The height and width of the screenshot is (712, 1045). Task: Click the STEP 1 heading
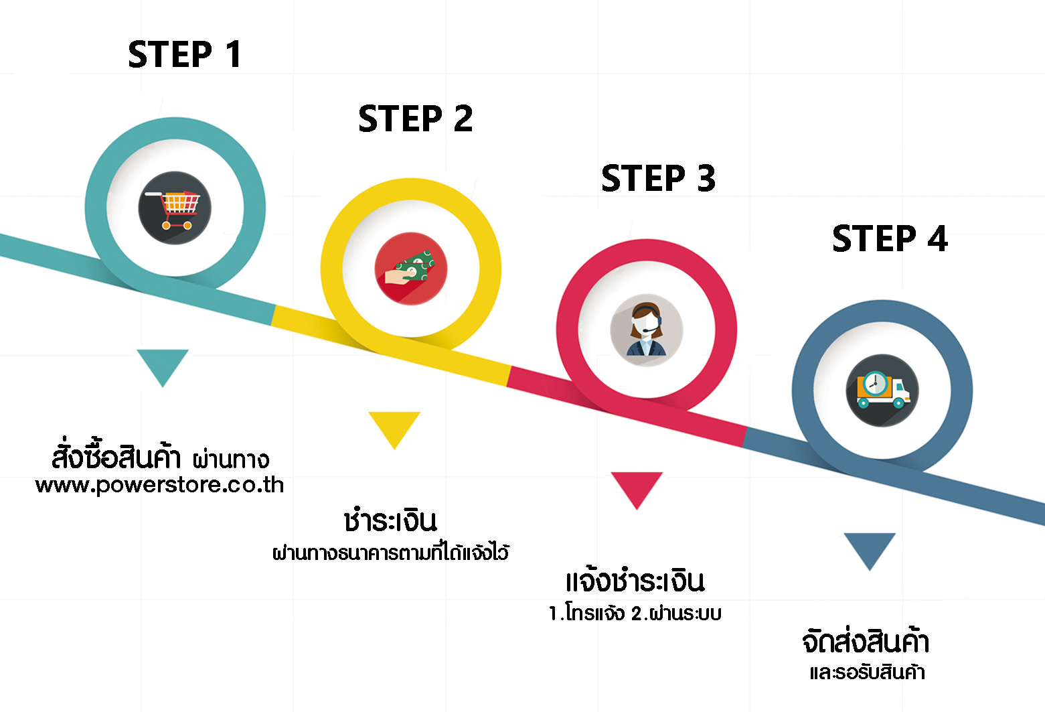pyautogui.click(x=185, y=54)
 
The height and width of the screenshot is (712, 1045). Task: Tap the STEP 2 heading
pyautogui.click(x=415, y=119)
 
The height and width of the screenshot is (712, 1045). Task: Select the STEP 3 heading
pyautogui.click(x=658, y=178)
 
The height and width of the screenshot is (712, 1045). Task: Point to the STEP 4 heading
pyautogui.click(x=890, y=238)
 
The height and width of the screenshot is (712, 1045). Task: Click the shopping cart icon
pyautogui.click(x=175, y=208)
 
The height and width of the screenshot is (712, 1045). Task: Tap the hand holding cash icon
pyautogui.click(x=411, y=269)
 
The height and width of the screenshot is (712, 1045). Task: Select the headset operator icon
pyautogui.click(x=647, y=330)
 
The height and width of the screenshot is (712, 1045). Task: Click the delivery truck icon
pyautogui.click(x=882, y=390)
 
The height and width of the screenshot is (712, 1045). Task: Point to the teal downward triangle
pyautogui.click(x=163, y=364)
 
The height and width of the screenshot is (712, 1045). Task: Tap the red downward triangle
pyautogui.click(x=637, y=488)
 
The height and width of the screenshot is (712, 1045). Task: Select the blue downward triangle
pyautogui.click(x=870, y=548)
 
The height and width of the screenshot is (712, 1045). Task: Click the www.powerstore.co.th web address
pyautogui.click(x=159, y=485)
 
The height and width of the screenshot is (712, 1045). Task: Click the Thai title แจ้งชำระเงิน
pyautogui.click(x=635, y=580)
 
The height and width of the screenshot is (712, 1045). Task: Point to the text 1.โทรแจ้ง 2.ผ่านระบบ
pyautogui.click(x=635, y=613)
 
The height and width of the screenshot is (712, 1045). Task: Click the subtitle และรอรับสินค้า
pyautogui.click(x=867, y=672)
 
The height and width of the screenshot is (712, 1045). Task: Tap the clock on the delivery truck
pyautogui.click(x=875, y=384)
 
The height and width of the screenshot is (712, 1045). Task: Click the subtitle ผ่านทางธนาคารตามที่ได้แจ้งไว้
pyautogui.click(x=391, y=553)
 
